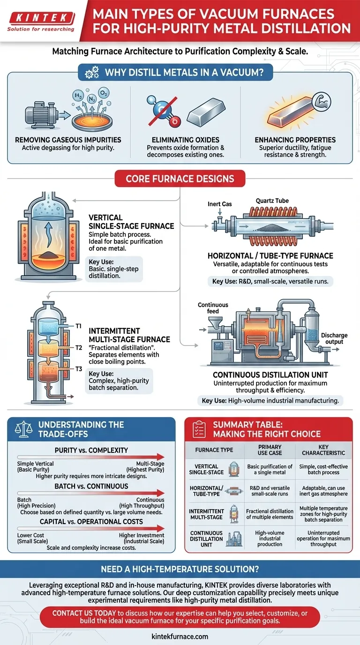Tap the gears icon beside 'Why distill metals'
pos(92,72)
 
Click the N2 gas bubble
pos(91,99)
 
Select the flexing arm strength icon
pos(322,101)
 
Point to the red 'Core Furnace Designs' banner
pos(180,179)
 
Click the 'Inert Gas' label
pos(220,204)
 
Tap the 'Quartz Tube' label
pos(272,201)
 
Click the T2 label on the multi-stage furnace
pos(79,347)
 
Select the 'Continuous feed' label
pos(213,308)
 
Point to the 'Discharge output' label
pos(334,338)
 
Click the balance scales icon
pos(23,429)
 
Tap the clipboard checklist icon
pos(199,429)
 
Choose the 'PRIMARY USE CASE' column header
pos(270,450)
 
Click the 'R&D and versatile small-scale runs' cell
pos(270,491)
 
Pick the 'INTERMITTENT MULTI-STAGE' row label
pos(207,514)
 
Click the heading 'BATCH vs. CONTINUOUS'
pos(91,486)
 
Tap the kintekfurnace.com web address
pos(180,637)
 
